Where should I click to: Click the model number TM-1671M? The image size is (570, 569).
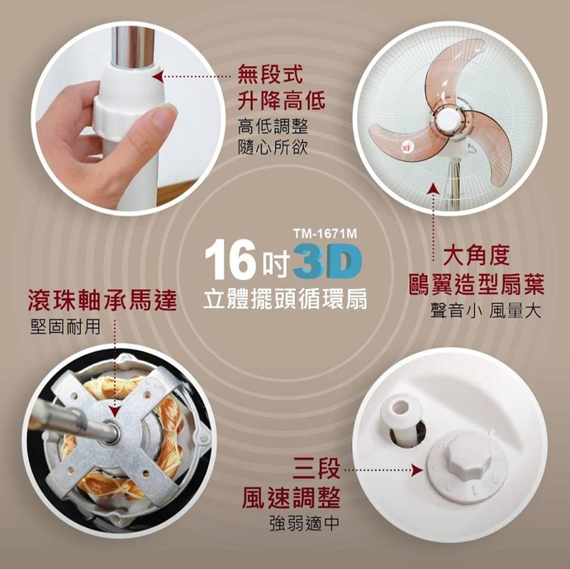[x=325, y=234]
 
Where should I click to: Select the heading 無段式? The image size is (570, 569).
[x=270, y=74]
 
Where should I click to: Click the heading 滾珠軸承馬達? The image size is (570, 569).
[x=102, y=301]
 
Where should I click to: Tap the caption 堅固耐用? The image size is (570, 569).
[x=65, y=327]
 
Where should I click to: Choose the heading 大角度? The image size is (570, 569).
[x=477, y=255]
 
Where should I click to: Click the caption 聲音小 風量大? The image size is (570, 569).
[x=486, y=311]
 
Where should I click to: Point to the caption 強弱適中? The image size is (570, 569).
[x=304, y=523]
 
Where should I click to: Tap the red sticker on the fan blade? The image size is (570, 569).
[x=405, y=146]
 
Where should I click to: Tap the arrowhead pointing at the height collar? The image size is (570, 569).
[x=157, y=76]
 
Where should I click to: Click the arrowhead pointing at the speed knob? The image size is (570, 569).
[x=418, y=470]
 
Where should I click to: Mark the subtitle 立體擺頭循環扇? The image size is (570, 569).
[x=285, y=300]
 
